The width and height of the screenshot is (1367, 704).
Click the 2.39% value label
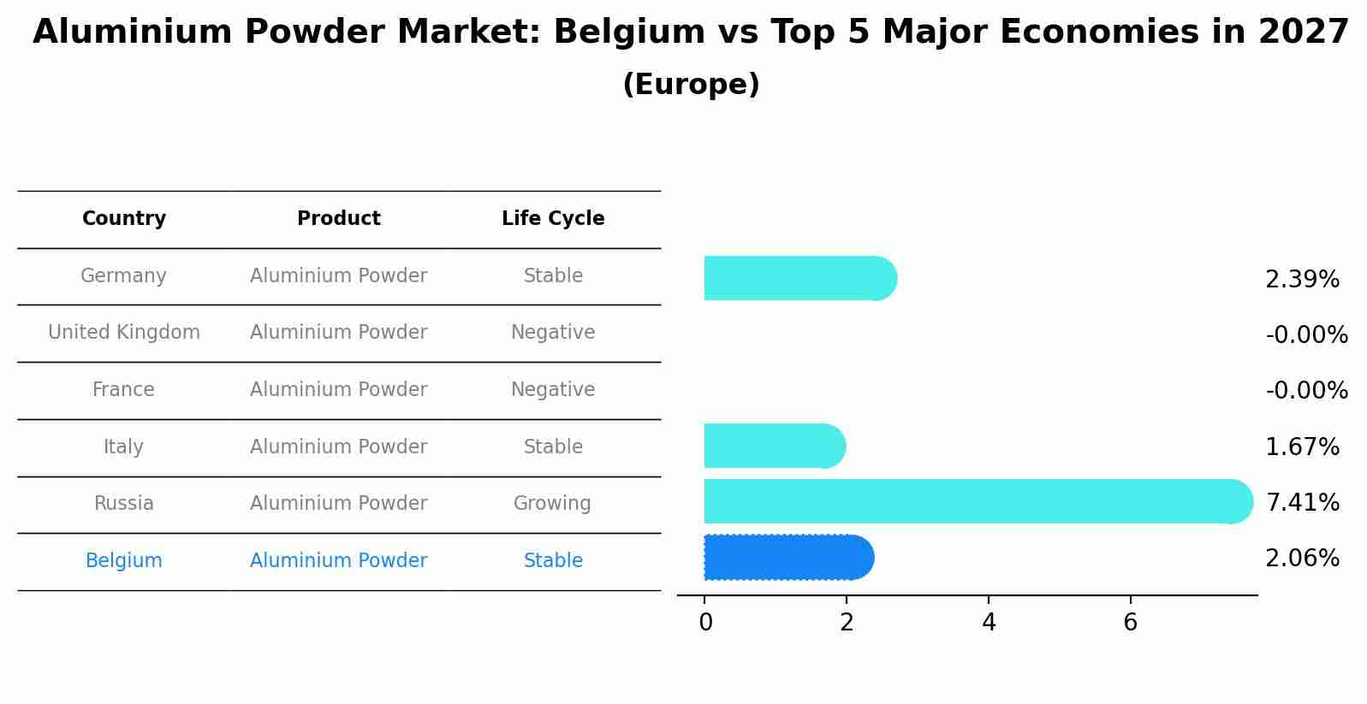(x=1302, y=280)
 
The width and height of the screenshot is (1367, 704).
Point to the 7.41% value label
(x=1302, y=503)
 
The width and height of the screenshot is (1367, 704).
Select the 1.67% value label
(x=1302, y=447)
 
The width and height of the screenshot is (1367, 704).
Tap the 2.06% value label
(x=1302, y=559)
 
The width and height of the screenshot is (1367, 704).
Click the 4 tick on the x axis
(x=989, y=623)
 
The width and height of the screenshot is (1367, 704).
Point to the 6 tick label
(x=1130, y=623)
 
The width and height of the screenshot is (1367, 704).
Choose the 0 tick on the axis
(x=705, y=623)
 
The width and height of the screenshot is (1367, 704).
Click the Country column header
(x=124, y=219)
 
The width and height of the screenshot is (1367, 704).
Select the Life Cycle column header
(x=553, y=219)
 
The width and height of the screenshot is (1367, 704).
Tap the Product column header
(x=339, y=219)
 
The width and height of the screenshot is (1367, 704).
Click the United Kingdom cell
(x=124, y=333)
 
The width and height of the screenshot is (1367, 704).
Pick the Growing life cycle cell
(x=552, y=504)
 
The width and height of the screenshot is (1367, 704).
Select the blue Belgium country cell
(x=124, y=561)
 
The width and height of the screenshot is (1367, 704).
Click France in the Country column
(x=124, y=390)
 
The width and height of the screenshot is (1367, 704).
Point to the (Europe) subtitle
(x=691, y=85)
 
